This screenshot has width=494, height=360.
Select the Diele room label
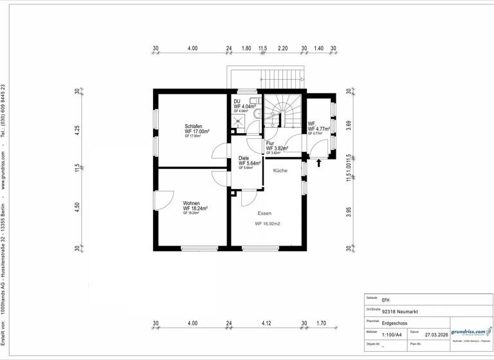click(x=244, y=157)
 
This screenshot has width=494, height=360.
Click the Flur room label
click(x=270, y=143)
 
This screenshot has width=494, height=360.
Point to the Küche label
click(x=280, y=170)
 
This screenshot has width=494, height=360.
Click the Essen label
click(x=264, y=213)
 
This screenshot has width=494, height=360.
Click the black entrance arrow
click(x=318, y=163)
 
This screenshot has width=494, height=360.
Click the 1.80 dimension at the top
click(x=246, y=48)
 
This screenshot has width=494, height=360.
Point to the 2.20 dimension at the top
click(x=283, y=48)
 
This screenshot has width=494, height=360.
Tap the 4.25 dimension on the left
click(x=77, y=128)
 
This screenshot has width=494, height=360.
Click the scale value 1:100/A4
click(x=393, y=335)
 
